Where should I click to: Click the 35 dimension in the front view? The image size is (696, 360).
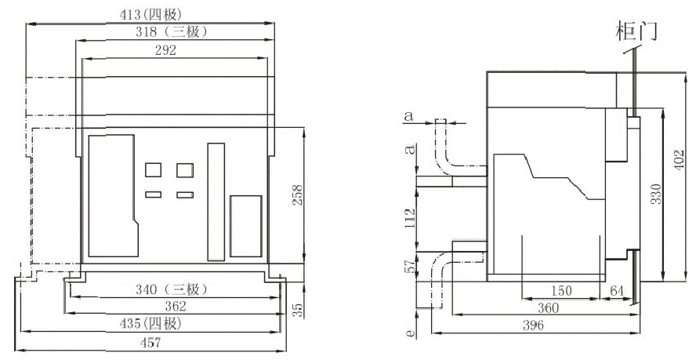[x=297, y=310]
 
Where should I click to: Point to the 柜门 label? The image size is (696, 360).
[x=635, y=31]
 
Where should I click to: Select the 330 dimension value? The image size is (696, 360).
[x=655, y=194]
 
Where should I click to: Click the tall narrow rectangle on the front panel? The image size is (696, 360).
[x=216, y=202]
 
